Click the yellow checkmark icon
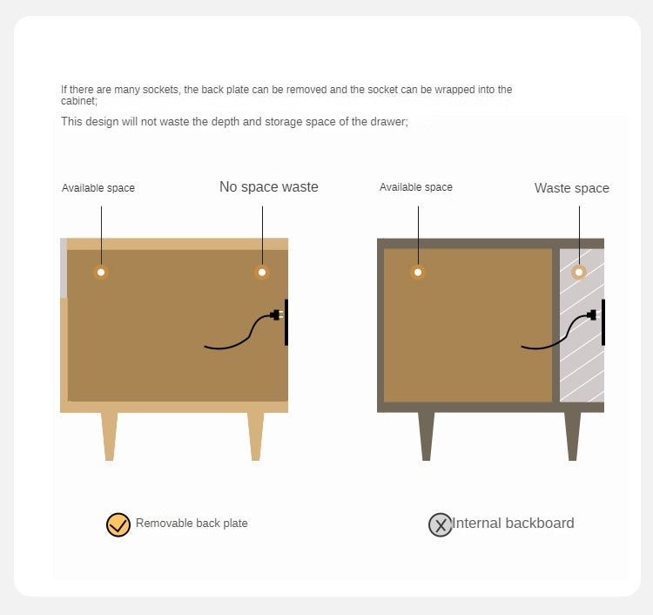(x=118, y=524)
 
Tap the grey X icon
(x=441, y=524)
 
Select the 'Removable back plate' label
(x=192, y=524)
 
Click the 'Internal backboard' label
(x=513, y=524)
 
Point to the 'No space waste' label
(x=268, y=187)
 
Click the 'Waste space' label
(x=571, y=188)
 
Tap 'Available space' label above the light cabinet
(x=98, y=188)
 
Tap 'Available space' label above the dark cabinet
(x=416, y=187)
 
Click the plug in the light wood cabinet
(x=276, y=314)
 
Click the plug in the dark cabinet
(x=593, y=314)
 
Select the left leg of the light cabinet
(x=109, y=436)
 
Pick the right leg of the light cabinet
(x=255, y=436)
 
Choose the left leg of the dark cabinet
(x=426, y=436)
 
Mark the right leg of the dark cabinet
(x=572, y=436)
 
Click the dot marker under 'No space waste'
(x=262, y=273)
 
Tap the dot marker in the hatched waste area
(x=578, y=273)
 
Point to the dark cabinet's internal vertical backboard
(x=555, y=327)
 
